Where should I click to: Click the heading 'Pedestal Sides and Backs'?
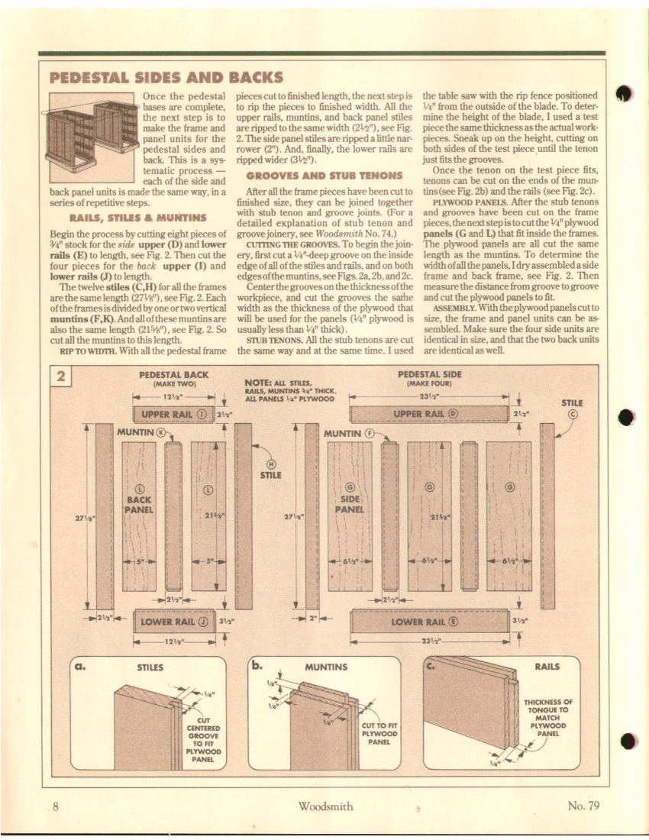point(166,77)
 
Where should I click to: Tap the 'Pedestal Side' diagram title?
point(430,374)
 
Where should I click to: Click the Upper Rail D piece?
point(428,415)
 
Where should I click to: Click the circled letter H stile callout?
point(271,463)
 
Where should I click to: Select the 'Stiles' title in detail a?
point(150,667)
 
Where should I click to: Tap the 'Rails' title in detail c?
point(547,667)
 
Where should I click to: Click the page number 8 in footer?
point(56,806)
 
